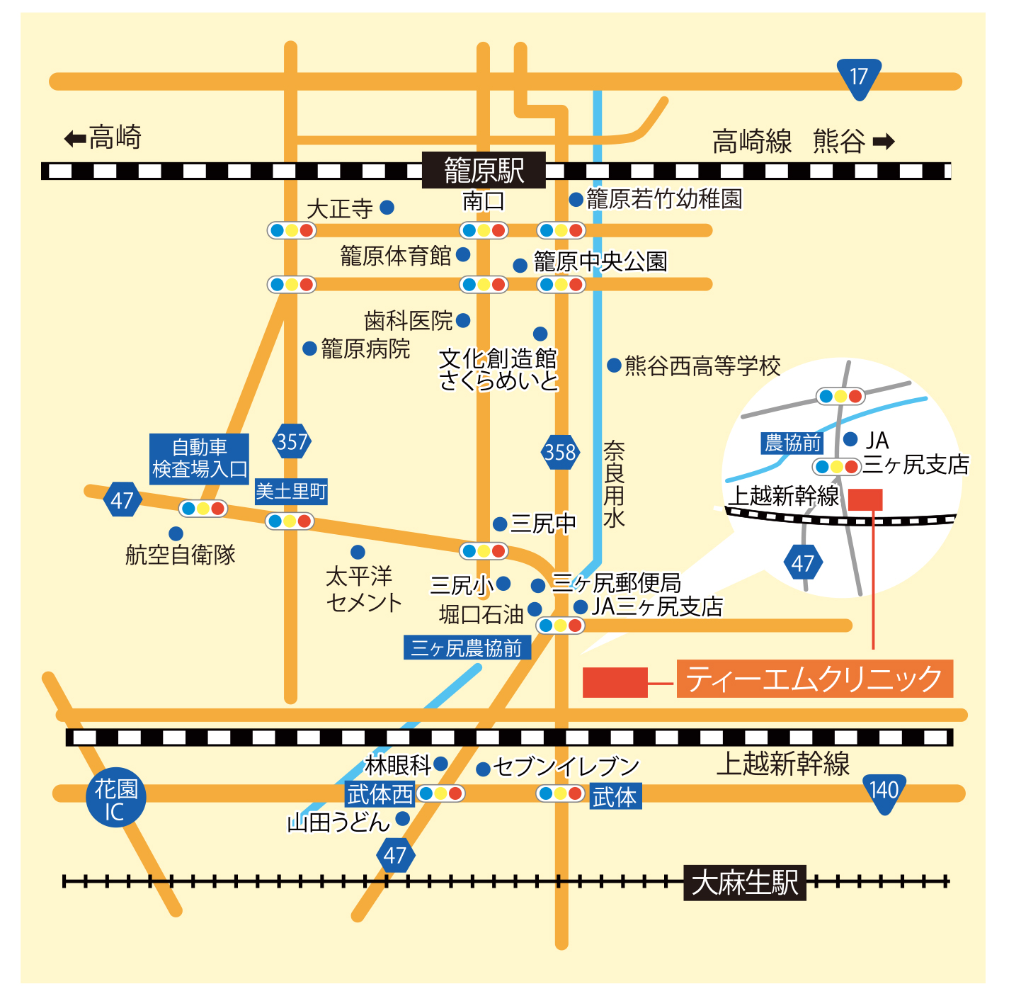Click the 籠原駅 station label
pyautogui.click(x=483, y=169)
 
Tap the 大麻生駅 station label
pyautogui.click(x=744, y=883)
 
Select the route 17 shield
pyautogui.click(x=859, y=79)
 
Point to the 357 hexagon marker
pyautogui.click(x=292, y=441)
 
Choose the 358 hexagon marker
pyautogui.click(x=560, y=452)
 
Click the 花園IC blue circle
pyautogui.click(x=115, y=797)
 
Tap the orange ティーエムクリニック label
pyautogui.click(x=814, y=678)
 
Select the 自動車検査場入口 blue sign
pyautogui.click(x=199, y=458)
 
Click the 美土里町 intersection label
pyautogui.click(x=291, y=491)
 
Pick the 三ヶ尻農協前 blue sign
pyautogui.click(x=467, y=647)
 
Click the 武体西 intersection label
pyautogui.click(x=380, y=794)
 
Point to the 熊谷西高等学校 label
pyautogui.click(x=702, y=366)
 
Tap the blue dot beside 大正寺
pyautogui.click(x=387, y=208)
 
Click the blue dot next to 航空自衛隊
pyautogui.click(x=176, y=533)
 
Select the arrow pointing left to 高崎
pyautogui.click(x=75, y=139)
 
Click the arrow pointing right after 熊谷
pyautogui.click(x=883, y=142)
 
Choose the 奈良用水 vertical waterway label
pyautogui.click(x=614, y=484)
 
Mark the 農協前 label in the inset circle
pyautogui.click(x=792, y=443)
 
